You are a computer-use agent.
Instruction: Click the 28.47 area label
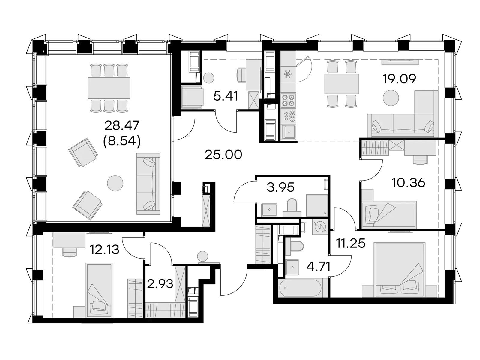121,126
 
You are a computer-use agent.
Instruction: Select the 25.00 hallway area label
223,155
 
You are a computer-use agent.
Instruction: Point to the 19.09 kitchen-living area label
399,79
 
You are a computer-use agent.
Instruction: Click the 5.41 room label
226,96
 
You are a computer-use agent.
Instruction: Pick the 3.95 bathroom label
280,187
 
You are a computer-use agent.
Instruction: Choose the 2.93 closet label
160,284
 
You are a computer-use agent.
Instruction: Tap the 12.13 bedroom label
105,250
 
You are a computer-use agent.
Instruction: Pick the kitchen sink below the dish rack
289,132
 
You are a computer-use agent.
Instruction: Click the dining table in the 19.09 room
342,84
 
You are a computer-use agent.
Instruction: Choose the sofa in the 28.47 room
148,184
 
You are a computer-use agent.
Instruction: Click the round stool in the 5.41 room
208,78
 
